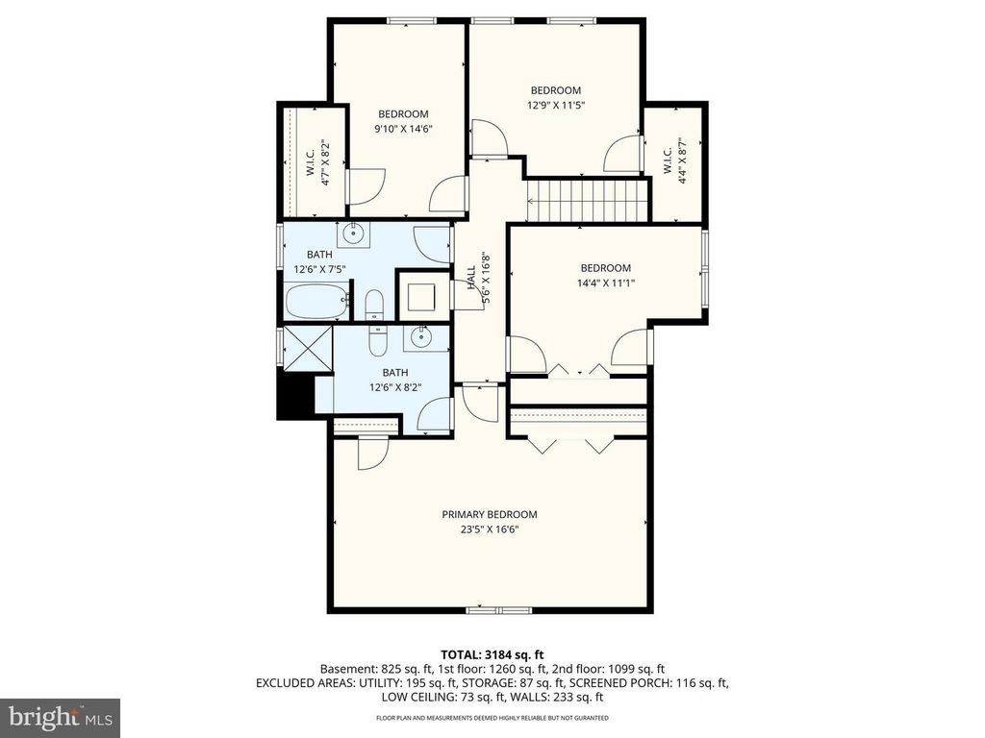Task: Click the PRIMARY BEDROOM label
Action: pyautogui.click(x=490, y=514)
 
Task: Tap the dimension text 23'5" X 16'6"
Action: pyautogui.click(x=490, y=529)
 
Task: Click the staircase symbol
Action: pyautogui.click(x=582, y=200)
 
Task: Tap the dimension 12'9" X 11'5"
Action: pyautogui.click(x=556, y=106)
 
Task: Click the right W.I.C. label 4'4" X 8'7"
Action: pyautogui.click(x=674, y=157)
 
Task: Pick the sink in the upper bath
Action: pyautogui.click(x=353, y=231)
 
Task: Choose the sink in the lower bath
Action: pyautogui.click(x=420, y=336)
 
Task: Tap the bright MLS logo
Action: pyautogui.click(x=60, y=717)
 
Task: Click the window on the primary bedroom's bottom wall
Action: pyautogui.click(x=492, y=610)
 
